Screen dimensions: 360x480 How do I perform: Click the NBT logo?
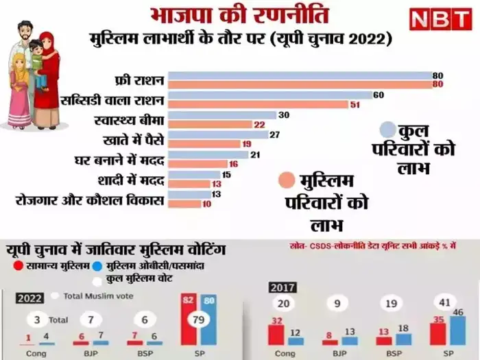coord(440,19)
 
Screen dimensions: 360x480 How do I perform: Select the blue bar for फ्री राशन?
coord(299,75)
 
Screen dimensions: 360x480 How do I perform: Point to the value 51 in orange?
coord(355,105)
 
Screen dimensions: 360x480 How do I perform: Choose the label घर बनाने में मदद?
coord(119,160)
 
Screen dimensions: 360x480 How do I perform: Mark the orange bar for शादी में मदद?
coord(188,184)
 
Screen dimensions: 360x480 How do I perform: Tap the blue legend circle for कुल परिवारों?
coord(388,130)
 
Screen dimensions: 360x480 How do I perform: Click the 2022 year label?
coord(32,297)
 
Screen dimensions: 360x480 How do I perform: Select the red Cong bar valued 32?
coord(276,335)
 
